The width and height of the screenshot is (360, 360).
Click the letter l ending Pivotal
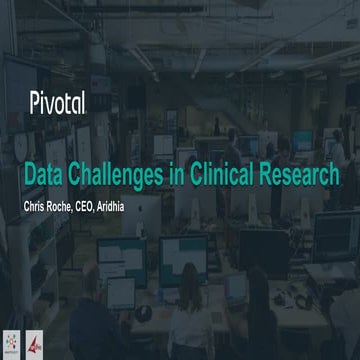click(x=81, y=102)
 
